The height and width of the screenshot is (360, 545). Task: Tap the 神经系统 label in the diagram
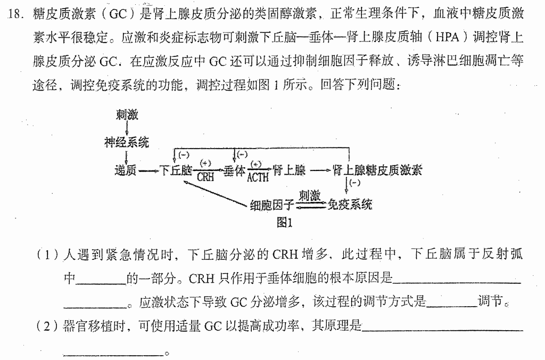pyautogui.click(x=127, y=142)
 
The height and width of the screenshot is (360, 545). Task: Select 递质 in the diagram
pyautogui.click(x=126, y=170)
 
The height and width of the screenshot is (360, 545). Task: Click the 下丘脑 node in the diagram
pyautogui.click(x=176, y=170)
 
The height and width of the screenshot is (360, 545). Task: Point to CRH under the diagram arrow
pyautogui.click(x=205, y=177)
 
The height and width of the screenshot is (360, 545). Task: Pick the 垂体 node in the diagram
pyautogui.click(x=234, y=170)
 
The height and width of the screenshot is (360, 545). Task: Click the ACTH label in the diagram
pyautogui.click(x=258, y=177)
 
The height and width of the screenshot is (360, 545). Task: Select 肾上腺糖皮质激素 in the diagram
pyautogui.click(x=377, y=170)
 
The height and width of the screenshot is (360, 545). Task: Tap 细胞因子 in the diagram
pyautogui.click(x=272, y=205)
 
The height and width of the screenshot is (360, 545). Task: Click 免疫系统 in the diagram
pyautogui.click(x=350, y=204)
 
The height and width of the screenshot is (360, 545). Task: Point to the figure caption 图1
pyautogui.click(x=284, y=222)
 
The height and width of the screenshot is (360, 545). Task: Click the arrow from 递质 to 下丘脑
pyautogui.click(x=148, y=171)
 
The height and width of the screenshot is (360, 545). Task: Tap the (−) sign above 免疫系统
pyautogui.click(x=354, y=183)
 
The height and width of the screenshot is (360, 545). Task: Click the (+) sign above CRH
pyautogui.click(x=205, y=163)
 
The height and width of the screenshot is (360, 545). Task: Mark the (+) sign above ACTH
pyautogui.click(x=256, y=164)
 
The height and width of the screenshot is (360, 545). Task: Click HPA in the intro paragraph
pyautogui.click(x=447, y=37)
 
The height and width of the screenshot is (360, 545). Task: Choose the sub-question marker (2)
pyautogui.click(x=48, y=326)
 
